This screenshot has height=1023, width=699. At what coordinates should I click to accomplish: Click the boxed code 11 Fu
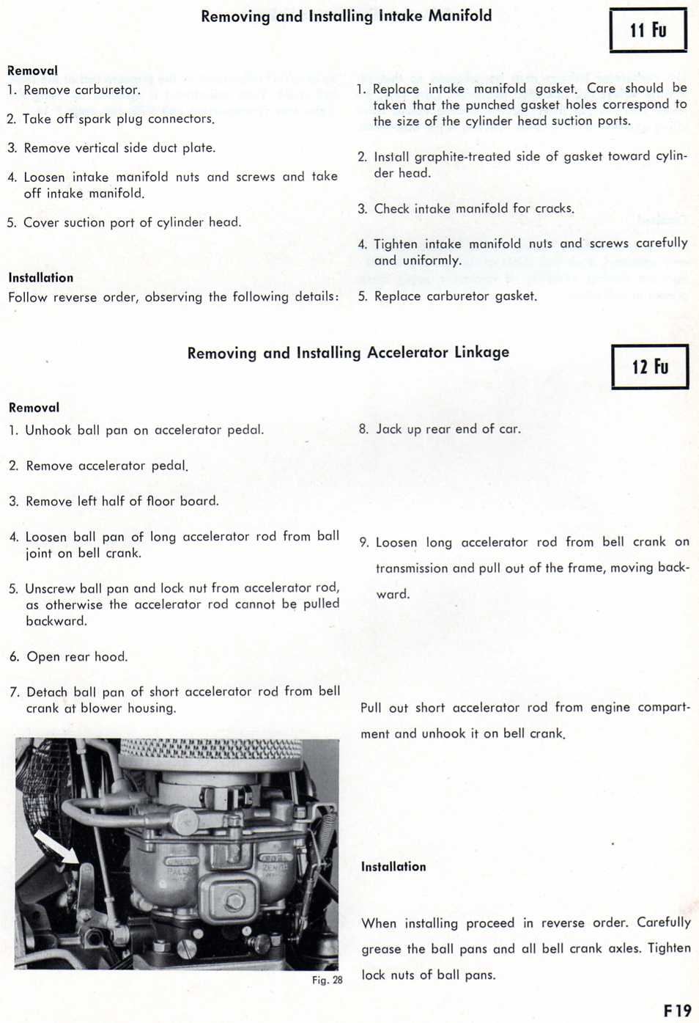point(648,30)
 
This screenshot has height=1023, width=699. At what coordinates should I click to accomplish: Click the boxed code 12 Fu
point(650,367)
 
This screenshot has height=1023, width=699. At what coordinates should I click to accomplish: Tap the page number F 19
point(677,1011)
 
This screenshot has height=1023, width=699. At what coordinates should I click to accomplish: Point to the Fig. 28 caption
point(327,980)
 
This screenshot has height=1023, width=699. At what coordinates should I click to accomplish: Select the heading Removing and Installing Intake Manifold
point(346,15)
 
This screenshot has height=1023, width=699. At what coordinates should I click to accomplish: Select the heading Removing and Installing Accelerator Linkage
point(348,353)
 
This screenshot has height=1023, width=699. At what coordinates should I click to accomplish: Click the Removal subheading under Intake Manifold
point(32,70)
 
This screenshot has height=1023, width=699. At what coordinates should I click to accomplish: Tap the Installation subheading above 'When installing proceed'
point(393,866)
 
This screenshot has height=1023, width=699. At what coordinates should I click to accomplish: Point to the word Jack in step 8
point(389,429)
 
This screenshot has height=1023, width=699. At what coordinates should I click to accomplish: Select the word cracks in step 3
point(554,208)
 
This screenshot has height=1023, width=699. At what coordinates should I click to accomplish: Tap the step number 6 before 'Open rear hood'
point(15,656)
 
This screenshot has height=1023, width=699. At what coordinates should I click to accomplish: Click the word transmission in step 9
point(410,568)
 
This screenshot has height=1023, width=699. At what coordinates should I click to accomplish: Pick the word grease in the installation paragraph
point(381,949)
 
